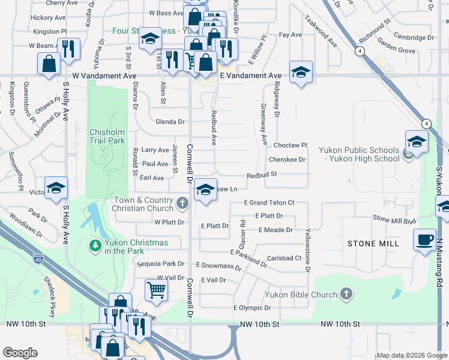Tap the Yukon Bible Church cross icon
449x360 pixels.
coord(346,294)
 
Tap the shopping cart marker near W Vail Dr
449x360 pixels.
coord(156,290)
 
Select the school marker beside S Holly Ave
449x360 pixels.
coord(56,188)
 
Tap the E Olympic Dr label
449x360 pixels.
coord(252,308)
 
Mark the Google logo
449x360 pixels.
coord(20,353)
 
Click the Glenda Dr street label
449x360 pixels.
coord(170,122)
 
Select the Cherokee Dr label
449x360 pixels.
coord(288,160)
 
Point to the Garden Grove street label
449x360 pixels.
coord(397,51)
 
